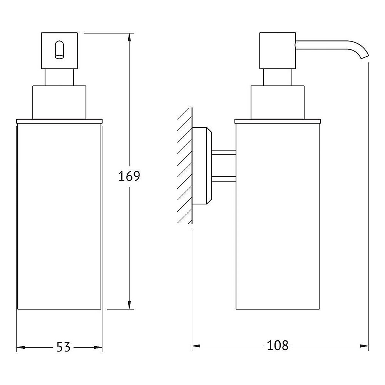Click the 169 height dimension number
point(129,176)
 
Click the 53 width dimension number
point(64,347)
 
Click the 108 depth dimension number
point(278,345)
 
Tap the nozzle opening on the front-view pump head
point(59,50)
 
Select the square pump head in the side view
point(278,50)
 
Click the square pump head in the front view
point(59,50)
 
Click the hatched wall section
point(185,166)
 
